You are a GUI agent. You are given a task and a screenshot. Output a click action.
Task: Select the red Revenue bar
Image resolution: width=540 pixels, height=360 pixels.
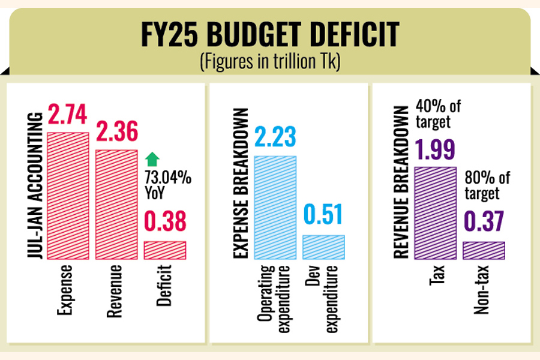116,204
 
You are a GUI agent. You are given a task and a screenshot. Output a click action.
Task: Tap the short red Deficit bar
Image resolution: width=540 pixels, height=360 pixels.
165,250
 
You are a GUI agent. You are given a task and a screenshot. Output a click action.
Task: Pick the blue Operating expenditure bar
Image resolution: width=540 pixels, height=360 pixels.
275,207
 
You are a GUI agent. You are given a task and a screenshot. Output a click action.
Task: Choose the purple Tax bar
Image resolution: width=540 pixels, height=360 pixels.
436,212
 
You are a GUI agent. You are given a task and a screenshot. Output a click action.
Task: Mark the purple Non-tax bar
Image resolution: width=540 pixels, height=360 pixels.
484,250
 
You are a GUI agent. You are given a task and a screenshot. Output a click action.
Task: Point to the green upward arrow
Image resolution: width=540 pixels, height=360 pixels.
153,159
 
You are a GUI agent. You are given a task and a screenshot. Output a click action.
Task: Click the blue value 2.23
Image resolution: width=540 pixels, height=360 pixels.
275,137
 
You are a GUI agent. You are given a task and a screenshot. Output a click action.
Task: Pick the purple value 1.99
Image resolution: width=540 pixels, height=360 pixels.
436,149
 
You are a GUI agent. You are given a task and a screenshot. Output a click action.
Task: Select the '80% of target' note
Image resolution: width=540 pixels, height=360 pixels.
487,185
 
